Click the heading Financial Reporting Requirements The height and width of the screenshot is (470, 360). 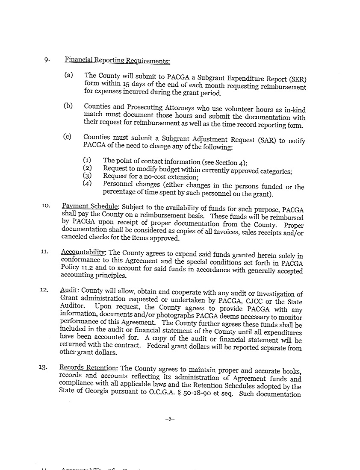pyautogui.click(x=117, y=60)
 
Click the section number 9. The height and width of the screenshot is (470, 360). pyautogui.click(x=47, y=59)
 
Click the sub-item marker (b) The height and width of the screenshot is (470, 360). pyautogui.click(x=68, y=106)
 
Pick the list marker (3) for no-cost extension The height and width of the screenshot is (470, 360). pyautogui.click(x=87, y=175)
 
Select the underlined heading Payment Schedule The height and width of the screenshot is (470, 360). pyautogui.click(x=91, y=206)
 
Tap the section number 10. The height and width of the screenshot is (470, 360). pyautogui.click(x=46, y=206)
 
